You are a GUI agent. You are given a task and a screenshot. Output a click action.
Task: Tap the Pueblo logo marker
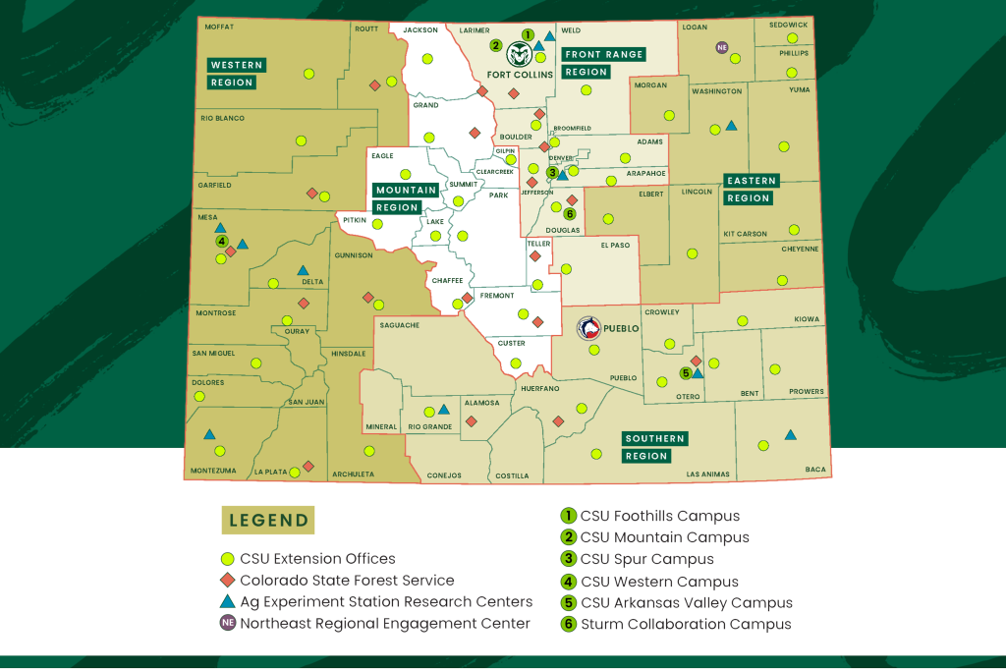point(589,327)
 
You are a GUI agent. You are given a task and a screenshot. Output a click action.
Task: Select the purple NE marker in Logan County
point(722,47)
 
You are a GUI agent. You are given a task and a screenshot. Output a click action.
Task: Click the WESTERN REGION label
point(236,74)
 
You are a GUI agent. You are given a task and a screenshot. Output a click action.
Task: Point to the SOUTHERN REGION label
point(654,447)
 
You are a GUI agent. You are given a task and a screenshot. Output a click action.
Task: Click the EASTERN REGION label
point(752,190)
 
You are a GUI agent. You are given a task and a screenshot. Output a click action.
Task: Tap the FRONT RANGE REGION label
point(603,63)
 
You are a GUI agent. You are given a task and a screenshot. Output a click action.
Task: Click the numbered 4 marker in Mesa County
point(222,241)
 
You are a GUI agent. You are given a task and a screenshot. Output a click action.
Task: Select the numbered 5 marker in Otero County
point(686,373)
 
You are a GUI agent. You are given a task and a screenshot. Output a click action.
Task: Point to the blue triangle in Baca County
point(790,434)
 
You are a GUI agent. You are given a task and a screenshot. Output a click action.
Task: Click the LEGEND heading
point(268,521)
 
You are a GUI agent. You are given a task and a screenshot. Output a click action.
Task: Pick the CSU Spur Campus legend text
point(646,559)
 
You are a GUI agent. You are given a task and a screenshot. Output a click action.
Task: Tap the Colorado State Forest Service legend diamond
point(227,581)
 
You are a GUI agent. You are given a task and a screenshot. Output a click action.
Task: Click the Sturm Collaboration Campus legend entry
point(685,624)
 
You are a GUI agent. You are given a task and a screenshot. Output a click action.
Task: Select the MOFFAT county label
point(219,28)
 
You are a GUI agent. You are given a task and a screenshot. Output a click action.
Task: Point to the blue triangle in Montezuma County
point(209,434)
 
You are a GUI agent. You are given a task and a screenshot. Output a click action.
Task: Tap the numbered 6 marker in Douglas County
point(569,214)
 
